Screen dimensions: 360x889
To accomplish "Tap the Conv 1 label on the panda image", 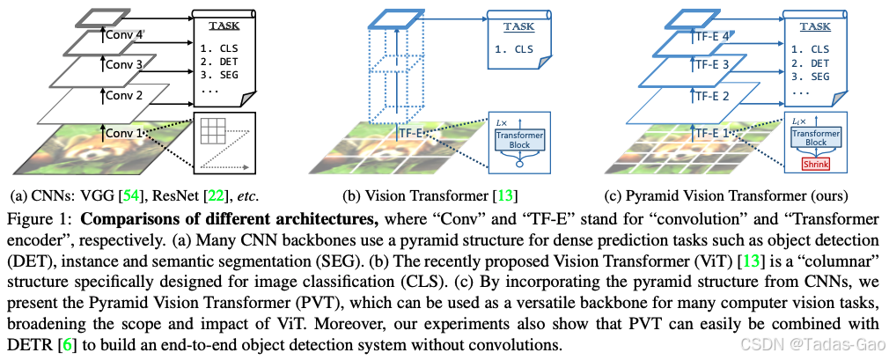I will point(124,134).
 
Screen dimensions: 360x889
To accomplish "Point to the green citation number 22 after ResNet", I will point(216,195).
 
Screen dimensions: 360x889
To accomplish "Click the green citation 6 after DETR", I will point(62,342).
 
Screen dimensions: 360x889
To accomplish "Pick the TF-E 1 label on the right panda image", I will point(715,134).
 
